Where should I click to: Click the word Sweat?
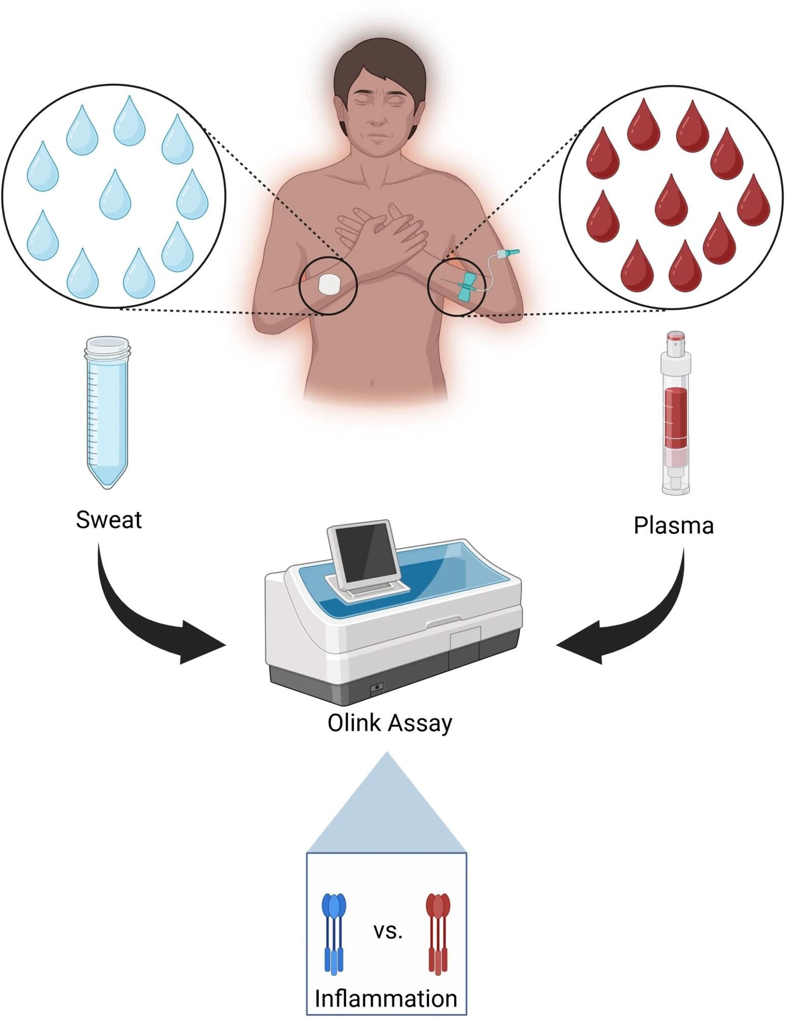(109, 520)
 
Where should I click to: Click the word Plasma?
(673, 526)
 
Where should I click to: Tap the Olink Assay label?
(389, 723)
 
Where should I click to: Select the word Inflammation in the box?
(386, 998)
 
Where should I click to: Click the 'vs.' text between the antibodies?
(388, 931)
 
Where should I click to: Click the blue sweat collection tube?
(107, 412)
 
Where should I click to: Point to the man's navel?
(373, 383)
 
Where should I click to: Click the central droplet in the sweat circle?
(115, 195)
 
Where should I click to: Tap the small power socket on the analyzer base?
(377, 687)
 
